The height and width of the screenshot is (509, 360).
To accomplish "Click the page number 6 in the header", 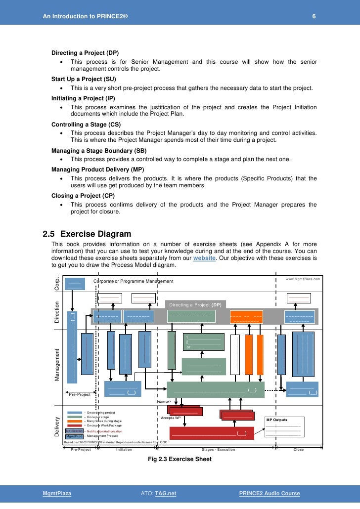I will (314, 17).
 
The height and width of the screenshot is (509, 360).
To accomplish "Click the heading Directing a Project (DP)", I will (85, 53).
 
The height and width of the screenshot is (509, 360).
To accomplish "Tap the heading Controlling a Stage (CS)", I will (86, 124).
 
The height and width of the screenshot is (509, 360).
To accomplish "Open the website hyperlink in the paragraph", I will (204, 258).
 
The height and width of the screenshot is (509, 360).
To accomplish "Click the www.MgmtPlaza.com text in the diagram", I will (303, 279).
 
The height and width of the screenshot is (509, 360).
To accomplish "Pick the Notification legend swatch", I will (74, 431).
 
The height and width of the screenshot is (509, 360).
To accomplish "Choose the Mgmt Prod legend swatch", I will (74, 436).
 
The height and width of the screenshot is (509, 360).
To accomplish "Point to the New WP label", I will (164, 402).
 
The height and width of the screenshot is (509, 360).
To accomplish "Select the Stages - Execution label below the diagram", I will (219, 450).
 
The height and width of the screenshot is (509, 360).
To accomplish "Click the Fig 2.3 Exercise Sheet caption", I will (180, 459).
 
